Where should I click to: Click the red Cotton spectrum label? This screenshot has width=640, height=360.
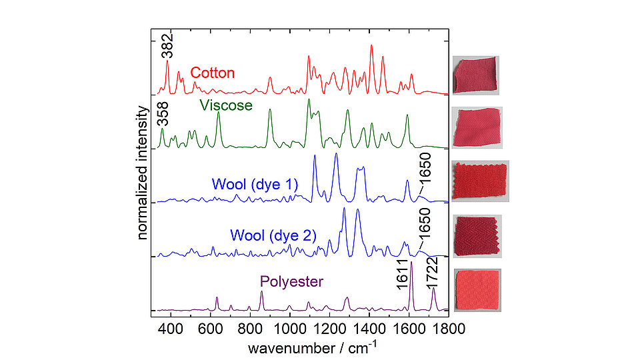point(212,73)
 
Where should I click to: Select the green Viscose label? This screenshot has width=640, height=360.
point(226,105)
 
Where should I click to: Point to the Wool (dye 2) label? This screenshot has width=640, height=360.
point(273,235)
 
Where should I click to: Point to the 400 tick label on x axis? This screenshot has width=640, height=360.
point(171,327)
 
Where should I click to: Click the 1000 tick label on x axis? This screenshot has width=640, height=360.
point(290,327)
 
